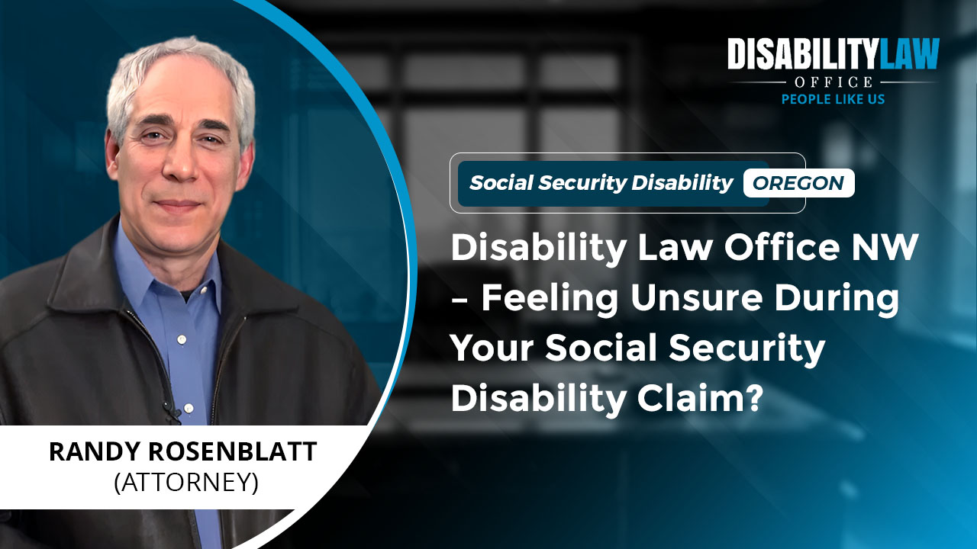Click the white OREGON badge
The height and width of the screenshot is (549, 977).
click(x=798, y=183)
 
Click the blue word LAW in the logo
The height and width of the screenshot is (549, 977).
click(x=908, y=53)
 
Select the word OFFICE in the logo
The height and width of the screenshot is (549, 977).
click(x=833, y=82)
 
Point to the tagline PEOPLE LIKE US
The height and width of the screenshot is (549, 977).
click(x=833, y=99)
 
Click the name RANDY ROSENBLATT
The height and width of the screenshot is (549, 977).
click(x=182, y=451)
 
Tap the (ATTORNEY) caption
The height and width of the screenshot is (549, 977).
click(x=186, y=483)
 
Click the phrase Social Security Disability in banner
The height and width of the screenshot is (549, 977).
click(x=601, y=183)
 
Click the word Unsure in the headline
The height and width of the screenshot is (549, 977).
click(x=696, y=297)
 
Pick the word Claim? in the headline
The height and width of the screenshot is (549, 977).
click(x=700, y=398)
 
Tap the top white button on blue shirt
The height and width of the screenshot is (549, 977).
click(x=182, y=339)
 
